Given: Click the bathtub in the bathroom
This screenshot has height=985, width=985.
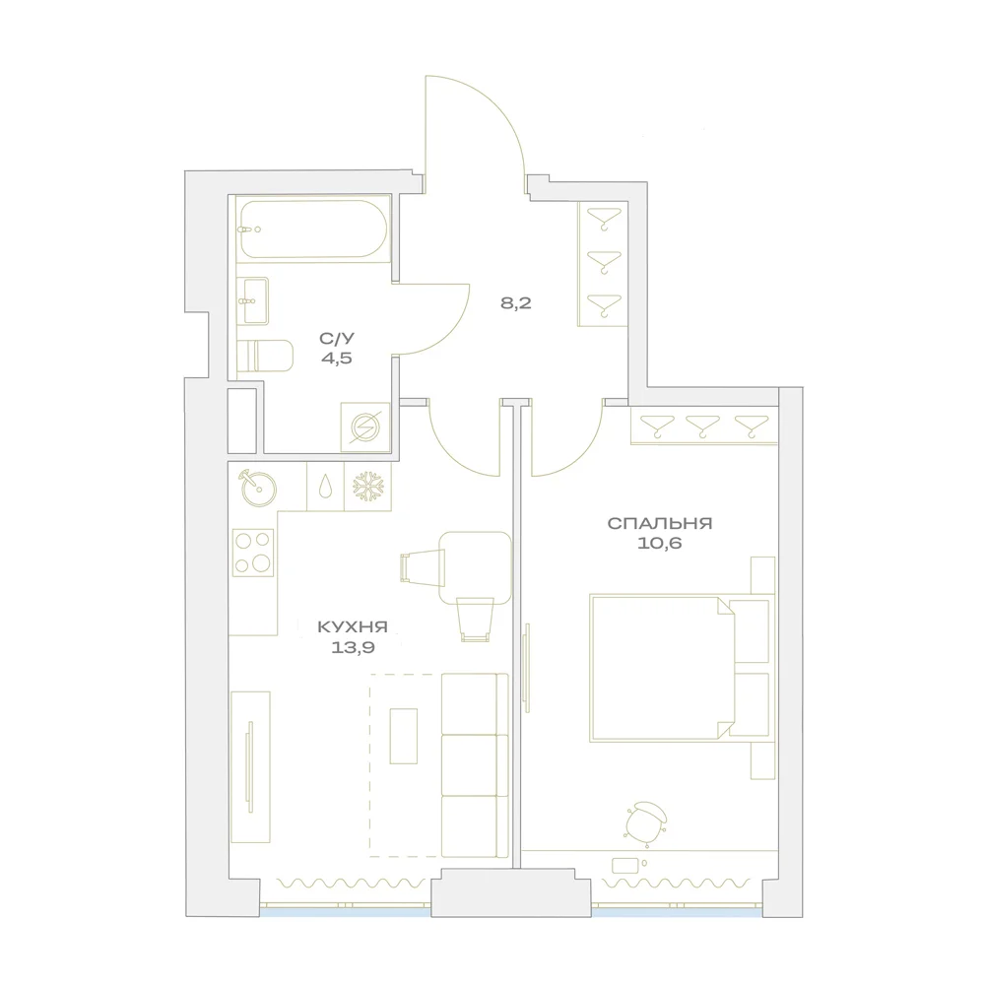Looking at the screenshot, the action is point(313,229).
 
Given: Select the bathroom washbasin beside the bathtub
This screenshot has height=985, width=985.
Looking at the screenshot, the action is point(253,300).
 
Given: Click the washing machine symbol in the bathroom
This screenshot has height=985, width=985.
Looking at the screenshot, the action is point(365,427).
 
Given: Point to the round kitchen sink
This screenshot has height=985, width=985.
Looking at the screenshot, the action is point(257,488).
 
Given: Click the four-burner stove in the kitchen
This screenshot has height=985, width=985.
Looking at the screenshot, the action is point(253,553).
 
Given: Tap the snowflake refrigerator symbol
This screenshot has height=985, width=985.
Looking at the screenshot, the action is point(367,487).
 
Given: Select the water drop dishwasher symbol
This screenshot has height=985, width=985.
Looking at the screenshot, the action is point(325,487).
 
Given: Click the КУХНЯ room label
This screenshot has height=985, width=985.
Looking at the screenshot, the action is point(353,626).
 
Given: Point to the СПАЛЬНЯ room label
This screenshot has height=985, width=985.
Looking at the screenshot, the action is point(660,523).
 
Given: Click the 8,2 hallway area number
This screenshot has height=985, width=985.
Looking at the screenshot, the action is point(516,303).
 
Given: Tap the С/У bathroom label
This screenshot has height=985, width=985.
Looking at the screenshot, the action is point(337,339).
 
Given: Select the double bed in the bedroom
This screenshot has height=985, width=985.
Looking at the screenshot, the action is point(680,668).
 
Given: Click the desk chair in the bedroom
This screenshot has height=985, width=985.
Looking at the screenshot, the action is point(646,820).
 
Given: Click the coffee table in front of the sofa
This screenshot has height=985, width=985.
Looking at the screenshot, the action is point(403,736).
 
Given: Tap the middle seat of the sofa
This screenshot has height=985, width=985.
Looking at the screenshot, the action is point(475,765).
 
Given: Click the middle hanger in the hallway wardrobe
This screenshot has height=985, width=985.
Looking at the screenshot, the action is point(604,261).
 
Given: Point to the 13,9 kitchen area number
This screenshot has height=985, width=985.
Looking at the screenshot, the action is point(353,647).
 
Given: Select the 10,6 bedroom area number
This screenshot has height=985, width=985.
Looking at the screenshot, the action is point(660,544).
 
